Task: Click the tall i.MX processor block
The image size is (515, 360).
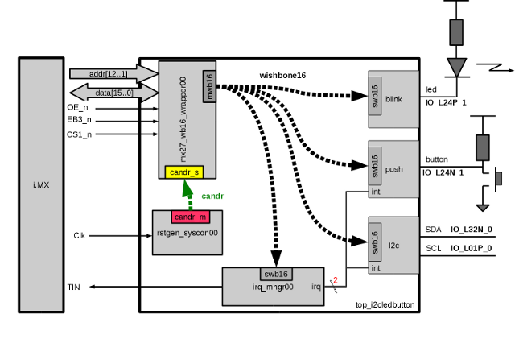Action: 40,184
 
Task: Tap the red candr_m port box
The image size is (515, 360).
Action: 191,217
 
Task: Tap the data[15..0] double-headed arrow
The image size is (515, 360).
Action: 113,93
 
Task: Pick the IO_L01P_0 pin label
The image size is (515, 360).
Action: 472,248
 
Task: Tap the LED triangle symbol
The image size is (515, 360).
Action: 456,66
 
